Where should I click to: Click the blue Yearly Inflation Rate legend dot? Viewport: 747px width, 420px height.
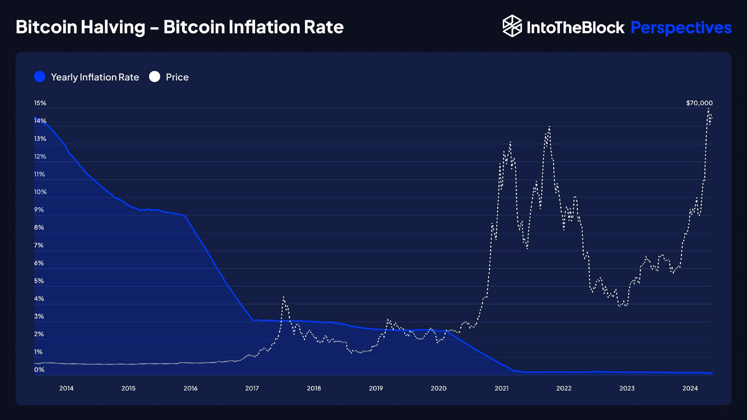pos(40,77)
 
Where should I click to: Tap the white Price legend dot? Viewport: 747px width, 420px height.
pos(155,77)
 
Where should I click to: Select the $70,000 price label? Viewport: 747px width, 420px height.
pos(699,103)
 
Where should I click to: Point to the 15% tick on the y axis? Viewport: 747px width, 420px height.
pos(40,103)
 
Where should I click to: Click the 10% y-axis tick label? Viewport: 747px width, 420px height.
pos(40,192)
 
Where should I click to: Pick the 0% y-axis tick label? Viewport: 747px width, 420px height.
pos(39,369)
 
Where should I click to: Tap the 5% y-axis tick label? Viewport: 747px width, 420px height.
pos(39,281)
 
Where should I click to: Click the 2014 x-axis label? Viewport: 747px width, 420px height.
pos(66,388)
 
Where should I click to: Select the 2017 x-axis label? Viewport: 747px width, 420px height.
pos(252,388)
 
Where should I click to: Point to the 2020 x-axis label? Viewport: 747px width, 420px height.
pos(438,388)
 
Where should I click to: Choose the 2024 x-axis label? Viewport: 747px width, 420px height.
pos(690,388)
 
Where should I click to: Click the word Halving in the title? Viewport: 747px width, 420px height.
pos(113,27)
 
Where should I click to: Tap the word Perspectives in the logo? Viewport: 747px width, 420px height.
pos(681,28)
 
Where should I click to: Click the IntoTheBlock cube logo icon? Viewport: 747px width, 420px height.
pos(512,26)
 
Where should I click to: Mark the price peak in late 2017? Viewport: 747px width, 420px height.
pos(283,297)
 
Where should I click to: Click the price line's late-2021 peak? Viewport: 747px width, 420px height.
pos(549,127)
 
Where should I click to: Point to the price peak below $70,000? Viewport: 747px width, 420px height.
pos(708,109)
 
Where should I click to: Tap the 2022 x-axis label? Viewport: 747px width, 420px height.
pos(563,388)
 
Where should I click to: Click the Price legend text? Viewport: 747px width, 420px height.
pos(177,77)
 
